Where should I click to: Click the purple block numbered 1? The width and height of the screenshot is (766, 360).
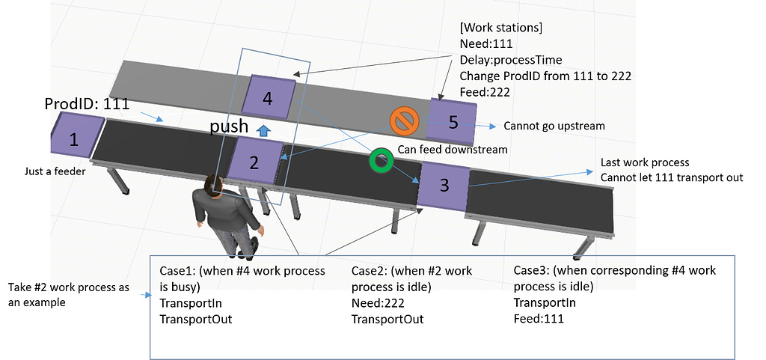click(74, 138)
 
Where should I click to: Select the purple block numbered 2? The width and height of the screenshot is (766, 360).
click(255, 161)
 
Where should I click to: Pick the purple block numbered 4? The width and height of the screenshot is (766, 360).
click(269, 97)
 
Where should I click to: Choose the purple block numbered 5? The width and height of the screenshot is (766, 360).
click(452, 122)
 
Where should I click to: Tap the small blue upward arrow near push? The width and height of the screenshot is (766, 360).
click(263, 130)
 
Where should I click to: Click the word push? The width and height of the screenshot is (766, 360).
click(230, 127)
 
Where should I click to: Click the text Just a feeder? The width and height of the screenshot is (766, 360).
click(55, 171)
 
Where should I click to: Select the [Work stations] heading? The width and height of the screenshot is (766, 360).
click(500, 28)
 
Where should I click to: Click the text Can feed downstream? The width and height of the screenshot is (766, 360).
click(452, 150)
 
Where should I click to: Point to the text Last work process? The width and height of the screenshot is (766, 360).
click(645, 162)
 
